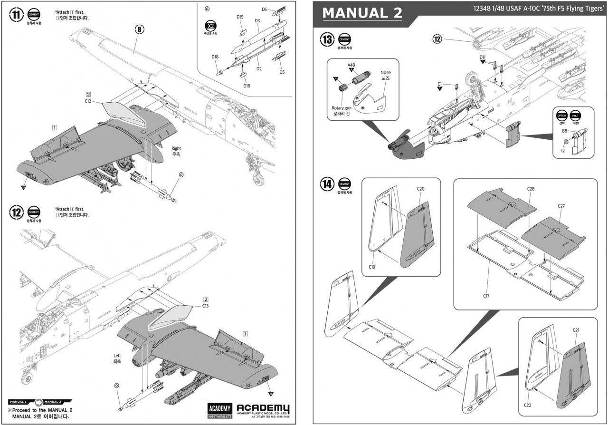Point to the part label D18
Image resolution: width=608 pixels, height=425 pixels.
215,57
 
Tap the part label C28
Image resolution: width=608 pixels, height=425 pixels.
531,189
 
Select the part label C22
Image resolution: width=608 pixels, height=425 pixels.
527,405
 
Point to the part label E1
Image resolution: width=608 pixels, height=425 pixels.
439,84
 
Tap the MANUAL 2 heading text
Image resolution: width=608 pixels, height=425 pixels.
362,13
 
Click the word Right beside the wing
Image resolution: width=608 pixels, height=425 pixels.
176,148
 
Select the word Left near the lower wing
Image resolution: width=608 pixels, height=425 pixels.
117,355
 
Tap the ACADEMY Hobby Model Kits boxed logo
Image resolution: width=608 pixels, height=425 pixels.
219,410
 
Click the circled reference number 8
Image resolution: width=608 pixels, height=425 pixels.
140,29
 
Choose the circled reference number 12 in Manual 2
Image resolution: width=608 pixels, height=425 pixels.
437,39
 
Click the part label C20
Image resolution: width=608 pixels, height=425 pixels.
420,189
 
